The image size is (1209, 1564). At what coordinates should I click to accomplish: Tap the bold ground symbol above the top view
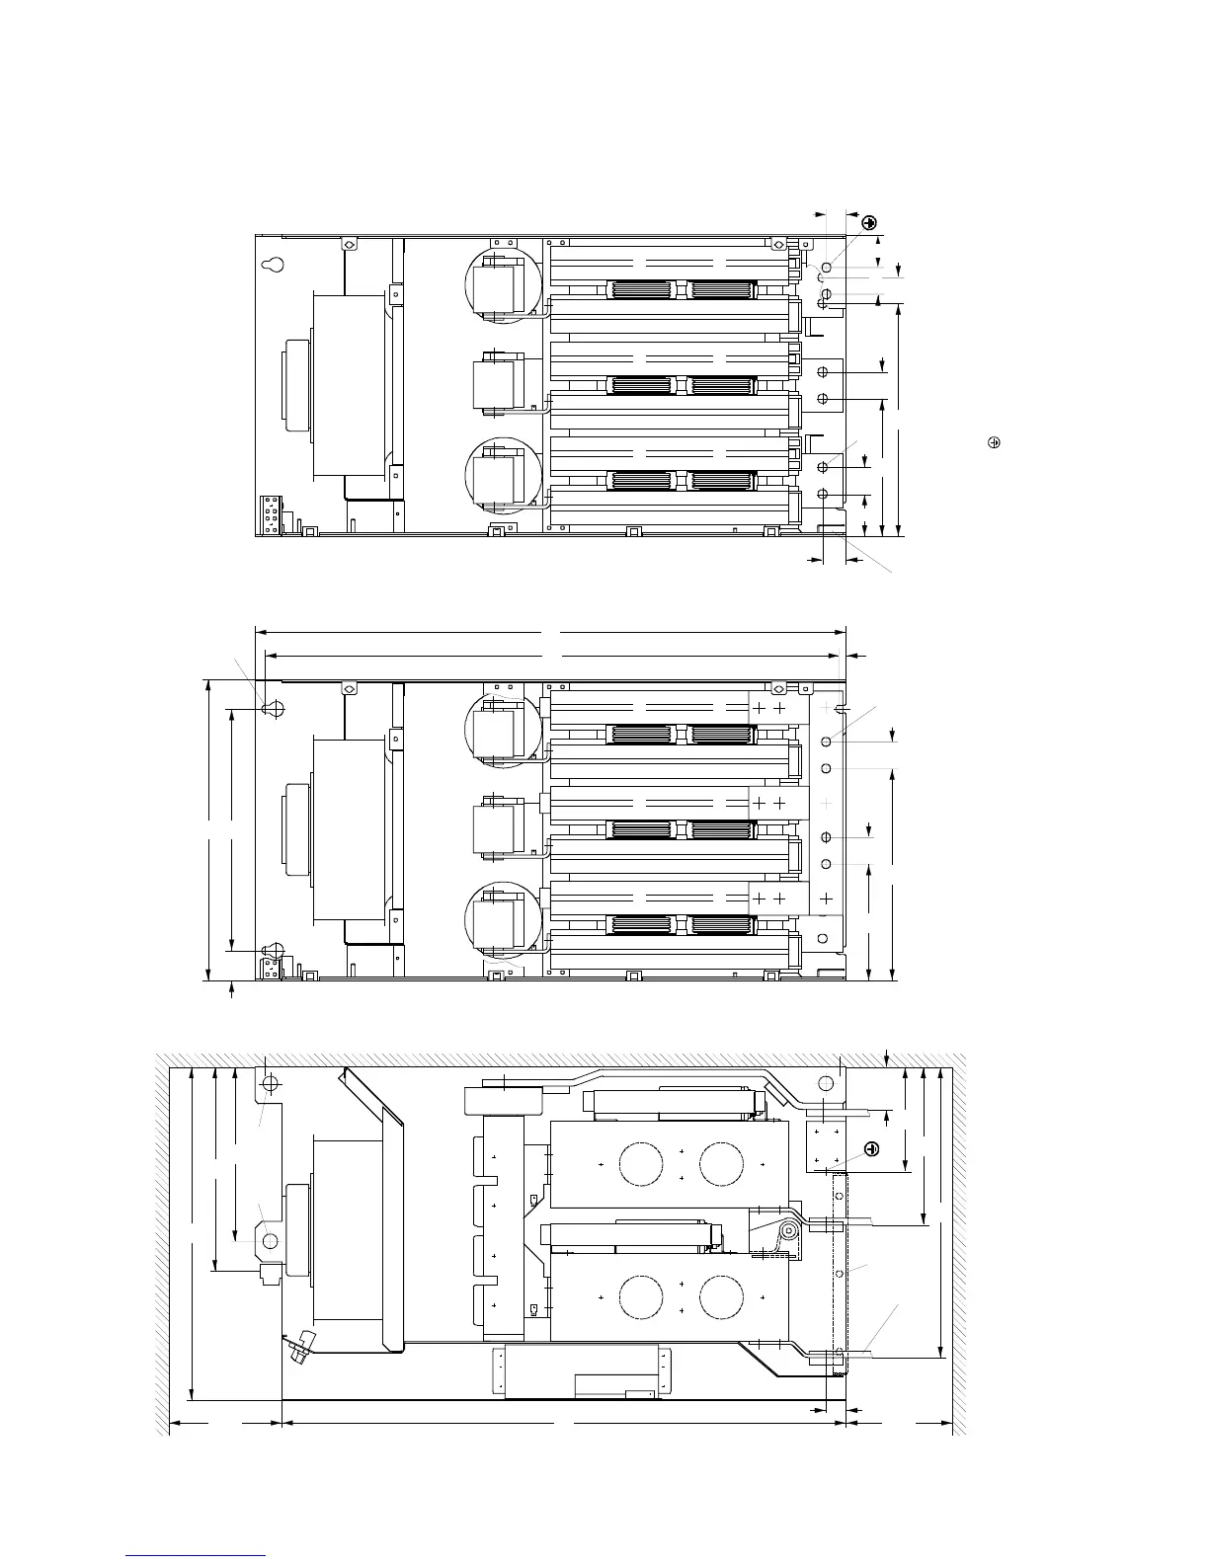pos(869,223)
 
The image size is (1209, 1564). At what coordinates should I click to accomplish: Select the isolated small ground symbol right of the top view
pos(995,442)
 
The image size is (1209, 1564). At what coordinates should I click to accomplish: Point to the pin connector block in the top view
pos(270,514)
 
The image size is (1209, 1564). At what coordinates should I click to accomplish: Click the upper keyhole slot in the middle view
pos(276,708)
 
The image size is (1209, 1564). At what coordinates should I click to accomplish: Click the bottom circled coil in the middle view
pos(502,921)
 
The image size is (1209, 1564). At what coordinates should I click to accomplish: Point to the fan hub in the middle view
pos(296,829)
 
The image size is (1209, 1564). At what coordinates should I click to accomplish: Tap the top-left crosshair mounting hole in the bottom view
pos(271,1085)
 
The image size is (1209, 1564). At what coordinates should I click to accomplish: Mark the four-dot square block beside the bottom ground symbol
pos(828,1146)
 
